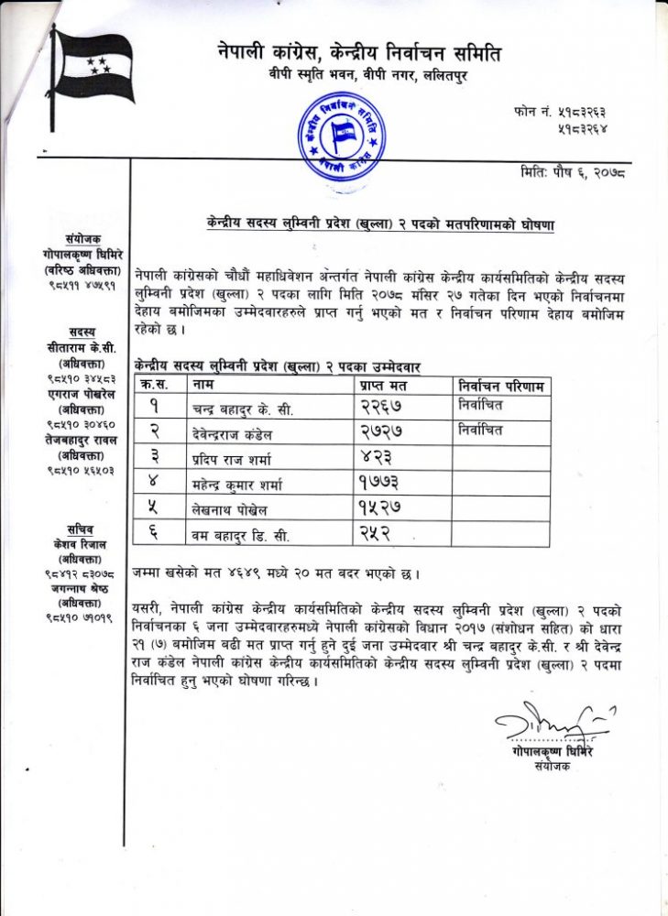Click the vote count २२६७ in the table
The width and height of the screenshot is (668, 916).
[380, 407]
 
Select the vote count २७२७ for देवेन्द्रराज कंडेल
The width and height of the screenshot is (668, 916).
[380, 431]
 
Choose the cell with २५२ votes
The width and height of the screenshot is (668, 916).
[374, 532]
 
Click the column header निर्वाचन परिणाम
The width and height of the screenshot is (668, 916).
[501, 385]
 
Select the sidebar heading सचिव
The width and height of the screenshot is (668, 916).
[80, 529]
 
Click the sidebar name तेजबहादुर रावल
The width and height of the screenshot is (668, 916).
[80, 439]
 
